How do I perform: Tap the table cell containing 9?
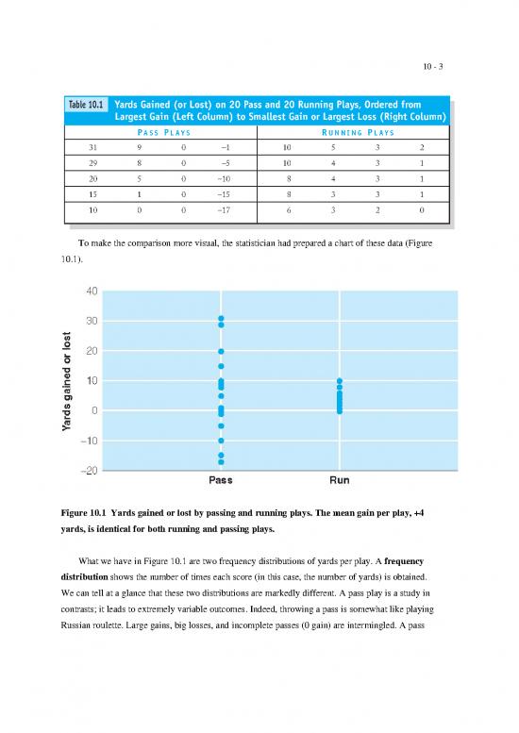click(x=139, y=147)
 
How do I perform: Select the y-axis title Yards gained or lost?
click(x=65, y=381)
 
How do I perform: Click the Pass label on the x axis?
click(x=221, y=480)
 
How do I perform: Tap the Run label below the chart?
click(x=339, y=480)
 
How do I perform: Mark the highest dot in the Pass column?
click(x=221, y=319)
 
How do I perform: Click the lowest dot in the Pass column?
click(x=221, y=462)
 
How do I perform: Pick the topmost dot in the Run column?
click(x=340, y=381)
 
